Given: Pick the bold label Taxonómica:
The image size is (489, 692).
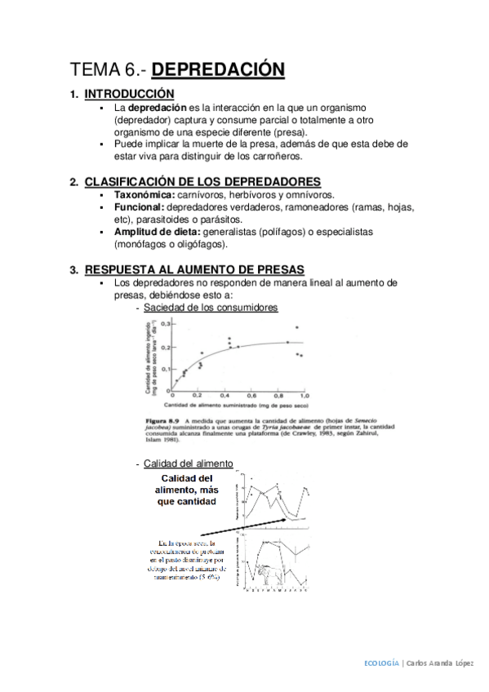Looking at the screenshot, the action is coord(144,196).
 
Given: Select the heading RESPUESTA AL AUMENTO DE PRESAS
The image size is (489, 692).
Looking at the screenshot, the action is coord(194,269).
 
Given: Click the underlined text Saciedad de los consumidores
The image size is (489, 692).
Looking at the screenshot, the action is coord(211,307).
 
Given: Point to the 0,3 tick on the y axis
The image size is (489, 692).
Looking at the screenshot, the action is coord(165,323).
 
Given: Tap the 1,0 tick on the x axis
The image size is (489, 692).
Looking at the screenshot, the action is coord(305,394).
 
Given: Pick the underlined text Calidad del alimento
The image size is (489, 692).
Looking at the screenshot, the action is coord(188,464).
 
